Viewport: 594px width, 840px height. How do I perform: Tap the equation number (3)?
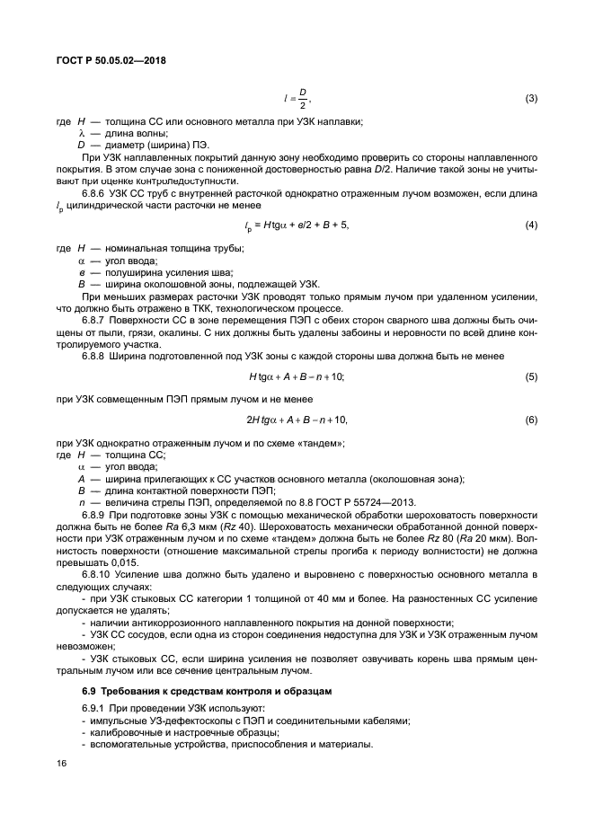[x=530, y=97]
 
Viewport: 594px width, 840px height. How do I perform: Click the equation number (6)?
[x=530, y=420]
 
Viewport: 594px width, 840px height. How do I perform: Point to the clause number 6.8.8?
[x=96, y=357]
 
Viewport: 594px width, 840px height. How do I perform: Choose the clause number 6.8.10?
[x=99, y=572]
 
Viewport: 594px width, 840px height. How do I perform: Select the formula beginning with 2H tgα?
[x=297, y=420]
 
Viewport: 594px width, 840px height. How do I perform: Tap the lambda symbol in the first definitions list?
[x=82, y=133]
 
